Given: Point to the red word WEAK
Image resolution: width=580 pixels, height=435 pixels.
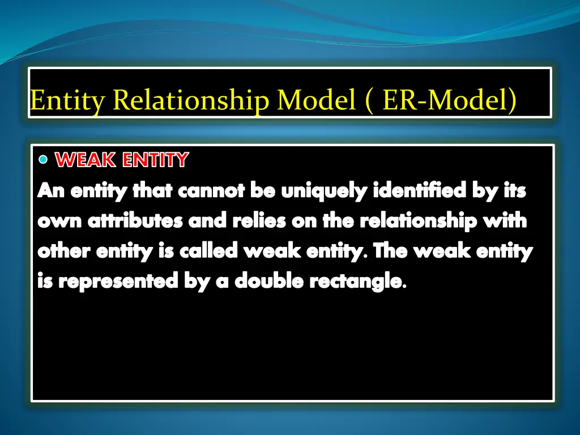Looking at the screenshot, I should [x=87, y=160].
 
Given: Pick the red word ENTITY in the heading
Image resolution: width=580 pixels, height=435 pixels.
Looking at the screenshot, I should [x=155, y=160].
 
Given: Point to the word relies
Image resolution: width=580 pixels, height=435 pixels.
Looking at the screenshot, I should [x=259, y=221].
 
